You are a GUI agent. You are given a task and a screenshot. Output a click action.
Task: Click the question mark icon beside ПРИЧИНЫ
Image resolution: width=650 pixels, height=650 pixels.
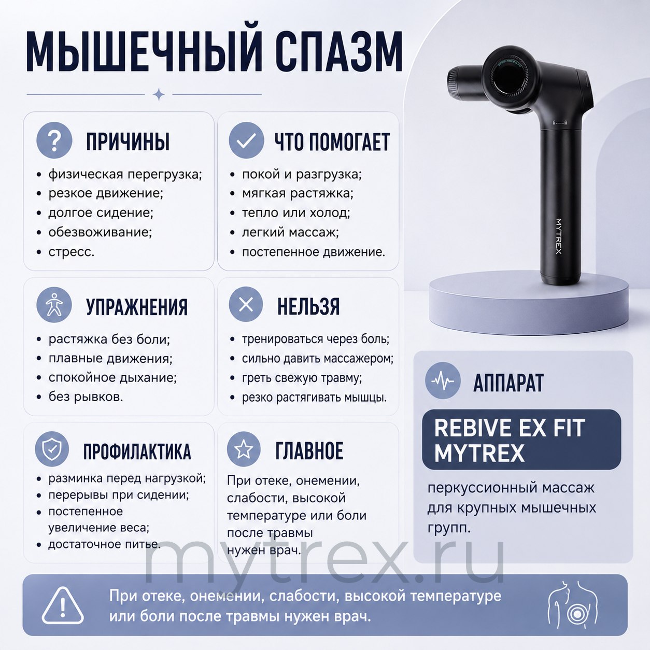(x=54, y=140)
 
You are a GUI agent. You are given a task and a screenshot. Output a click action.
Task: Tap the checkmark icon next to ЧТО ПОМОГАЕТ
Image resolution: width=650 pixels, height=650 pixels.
(x=246, y=140)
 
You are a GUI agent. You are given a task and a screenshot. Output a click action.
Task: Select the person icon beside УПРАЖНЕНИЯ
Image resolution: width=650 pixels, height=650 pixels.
(x=54, y=305)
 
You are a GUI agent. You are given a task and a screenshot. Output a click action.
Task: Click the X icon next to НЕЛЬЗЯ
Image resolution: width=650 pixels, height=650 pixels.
(x=246, y=305)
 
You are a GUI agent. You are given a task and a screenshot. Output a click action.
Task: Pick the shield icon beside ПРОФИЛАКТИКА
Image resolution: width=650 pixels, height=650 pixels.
(x=52, y=449)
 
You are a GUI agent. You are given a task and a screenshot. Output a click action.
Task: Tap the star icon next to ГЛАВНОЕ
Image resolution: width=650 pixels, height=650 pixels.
(x=244, y=449)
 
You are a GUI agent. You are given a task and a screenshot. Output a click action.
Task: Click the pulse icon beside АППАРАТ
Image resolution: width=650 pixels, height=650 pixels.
(x=443, y=380)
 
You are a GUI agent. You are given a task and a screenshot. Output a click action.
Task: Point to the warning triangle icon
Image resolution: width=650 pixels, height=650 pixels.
(x=63, y=605)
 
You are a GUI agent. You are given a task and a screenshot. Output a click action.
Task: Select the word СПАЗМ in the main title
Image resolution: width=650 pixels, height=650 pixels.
(x=340, y=51)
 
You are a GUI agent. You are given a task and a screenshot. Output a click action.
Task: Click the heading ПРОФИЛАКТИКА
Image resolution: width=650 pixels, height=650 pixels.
(x=137, y=451)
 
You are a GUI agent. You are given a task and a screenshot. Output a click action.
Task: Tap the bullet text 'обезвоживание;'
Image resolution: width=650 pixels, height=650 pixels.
(x=100, y=232)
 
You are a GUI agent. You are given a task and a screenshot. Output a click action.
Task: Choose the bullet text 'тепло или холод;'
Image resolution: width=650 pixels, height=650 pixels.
(x=296, y=213)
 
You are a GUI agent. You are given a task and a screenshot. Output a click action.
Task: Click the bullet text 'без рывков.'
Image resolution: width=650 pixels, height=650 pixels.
(x=86, y=397)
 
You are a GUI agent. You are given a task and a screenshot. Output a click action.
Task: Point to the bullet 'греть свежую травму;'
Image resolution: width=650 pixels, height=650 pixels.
(x=302, y=378)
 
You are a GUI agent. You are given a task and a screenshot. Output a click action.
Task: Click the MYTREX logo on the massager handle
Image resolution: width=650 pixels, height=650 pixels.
(x=559, y=236)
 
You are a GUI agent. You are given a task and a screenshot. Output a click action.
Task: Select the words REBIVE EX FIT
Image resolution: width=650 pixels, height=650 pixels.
(x=510, y=428)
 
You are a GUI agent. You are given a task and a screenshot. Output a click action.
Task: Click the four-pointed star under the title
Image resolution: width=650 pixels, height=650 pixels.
(x=159, y=94)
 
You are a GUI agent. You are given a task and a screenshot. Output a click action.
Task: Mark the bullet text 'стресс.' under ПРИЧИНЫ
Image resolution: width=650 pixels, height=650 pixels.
(x=72, y=251)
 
